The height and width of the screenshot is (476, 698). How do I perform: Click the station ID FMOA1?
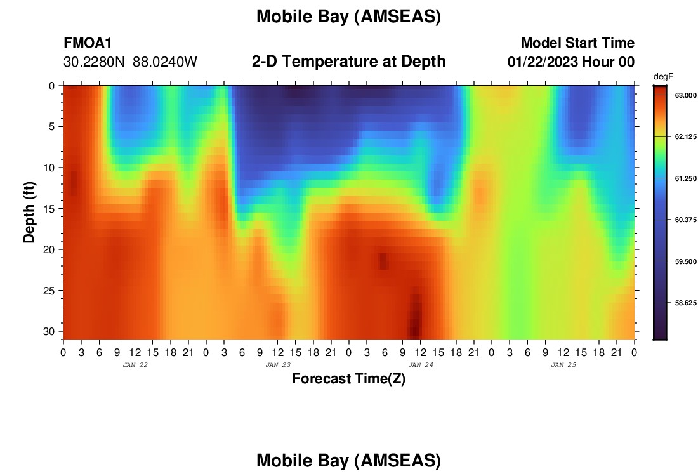tap(88, 43)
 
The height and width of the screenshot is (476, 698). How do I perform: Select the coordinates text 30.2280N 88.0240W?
tap(130, 62)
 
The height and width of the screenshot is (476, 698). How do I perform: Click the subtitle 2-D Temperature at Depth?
tap(348, 62)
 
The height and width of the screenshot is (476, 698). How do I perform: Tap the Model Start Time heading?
tap(577, 43)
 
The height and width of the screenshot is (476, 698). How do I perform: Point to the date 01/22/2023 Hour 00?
tap(571, 62)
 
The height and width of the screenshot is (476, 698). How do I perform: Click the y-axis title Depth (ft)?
tap(29, 213)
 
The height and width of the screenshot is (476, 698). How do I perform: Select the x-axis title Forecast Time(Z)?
tap(348, 379)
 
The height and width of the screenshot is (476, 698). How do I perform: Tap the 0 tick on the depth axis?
tap(52, 86)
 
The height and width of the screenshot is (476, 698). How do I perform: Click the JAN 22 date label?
tap(135, 365)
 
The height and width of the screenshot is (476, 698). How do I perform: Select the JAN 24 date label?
tap(421, 365)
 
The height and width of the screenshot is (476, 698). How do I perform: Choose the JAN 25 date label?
tap(563, 365)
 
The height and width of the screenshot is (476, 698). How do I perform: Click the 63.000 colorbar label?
tap(685, 95)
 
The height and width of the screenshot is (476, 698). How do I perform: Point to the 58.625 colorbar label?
tap(685, 303)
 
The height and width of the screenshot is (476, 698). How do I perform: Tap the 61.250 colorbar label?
tap(685, 178)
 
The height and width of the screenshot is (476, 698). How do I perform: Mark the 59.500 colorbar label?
tap(685, 261)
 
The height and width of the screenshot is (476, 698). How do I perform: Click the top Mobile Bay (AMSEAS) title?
tap(348, 17)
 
